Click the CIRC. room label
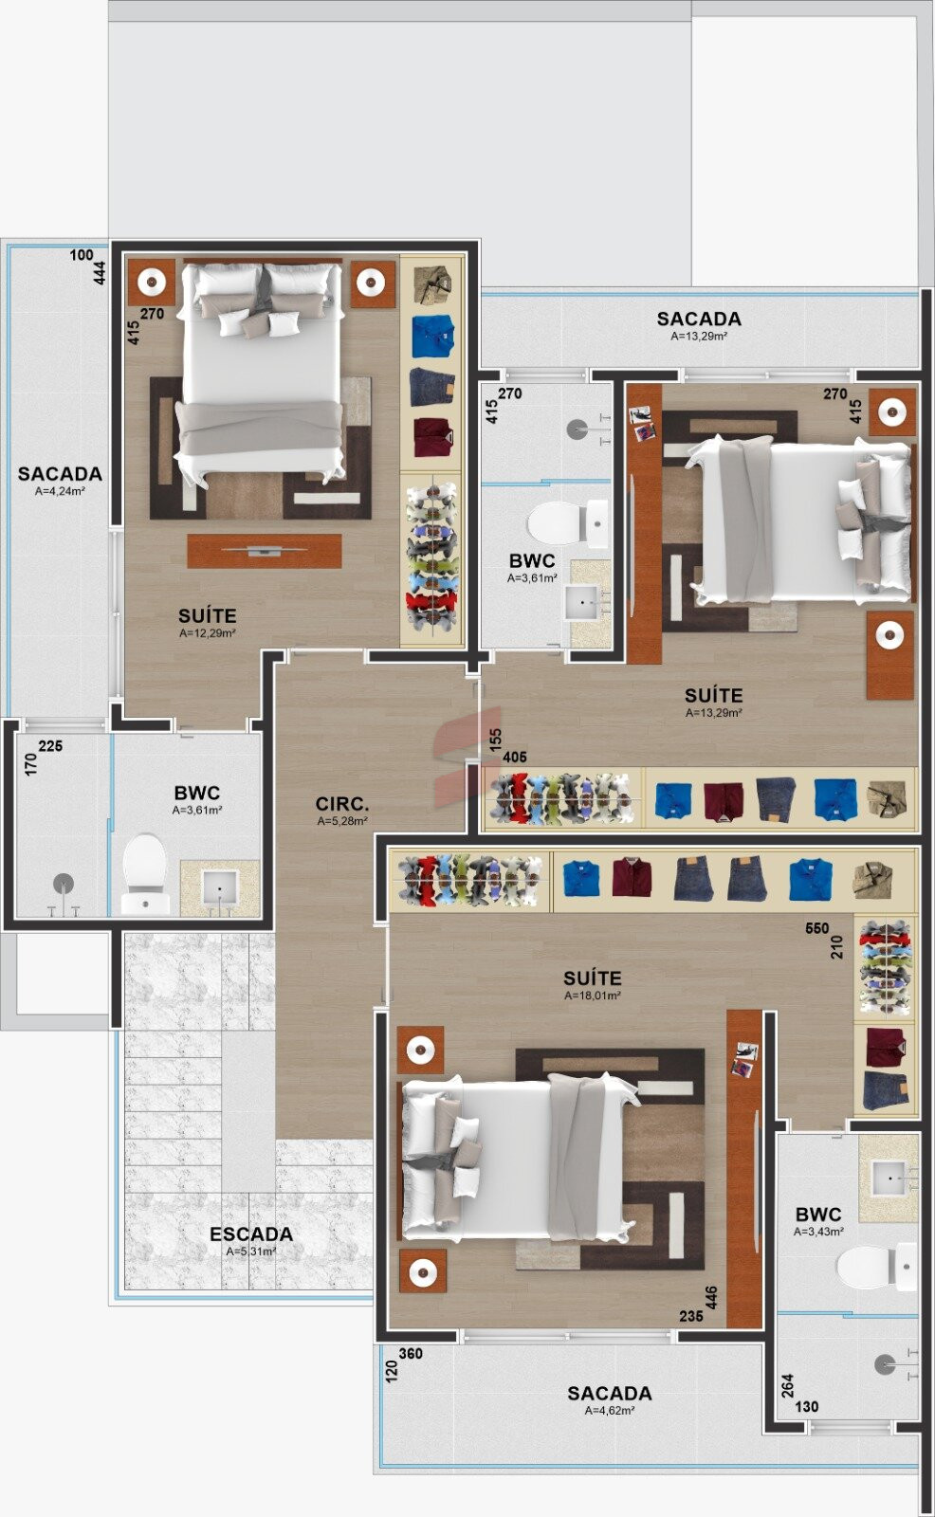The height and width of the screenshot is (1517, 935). click(x=342, y=804)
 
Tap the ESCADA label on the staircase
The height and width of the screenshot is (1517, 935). click(x=251, y=1234)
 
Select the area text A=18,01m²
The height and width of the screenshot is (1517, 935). click(x=593, y=996)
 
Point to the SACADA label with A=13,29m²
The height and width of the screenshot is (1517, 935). click(x=699, y=319)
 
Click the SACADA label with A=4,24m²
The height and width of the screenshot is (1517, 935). click(x=61, y=473)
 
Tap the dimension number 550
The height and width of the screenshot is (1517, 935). click(x=817, y=928)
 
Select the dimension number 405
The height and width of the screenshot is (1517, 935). click(x=514, y=758)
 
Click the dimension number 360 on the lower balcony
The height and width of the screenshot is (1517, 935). click(x=411, y=1354)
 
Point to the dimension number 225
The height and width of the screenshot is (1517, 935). click(x=50, y=745)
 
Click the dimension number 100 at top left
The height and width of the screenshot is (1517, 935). click(x=82, y=255)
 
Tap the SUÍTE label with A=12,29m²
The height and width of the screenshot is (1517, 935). click(x=208, y=615)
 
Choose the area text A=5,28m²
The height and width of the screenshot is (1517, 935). click(x=342, y=821)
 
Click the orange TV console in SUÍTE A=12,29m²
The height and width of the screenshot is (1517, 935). click(x=265, y=551)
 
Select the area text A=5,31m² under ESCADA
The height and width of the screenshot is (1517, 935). click(x=251, y=1252)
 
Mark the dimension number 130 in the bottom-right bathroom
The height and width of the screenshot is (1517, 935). click(x=806, y=1407)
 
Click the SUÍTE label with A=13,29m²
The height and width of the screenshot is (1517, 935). click(x=713, y=695)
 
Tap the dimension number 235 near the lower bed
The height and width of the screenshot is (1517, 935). click(x=691, y=1316)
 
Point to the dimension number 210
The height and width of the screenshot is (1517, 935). click(x=836, y=947)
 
